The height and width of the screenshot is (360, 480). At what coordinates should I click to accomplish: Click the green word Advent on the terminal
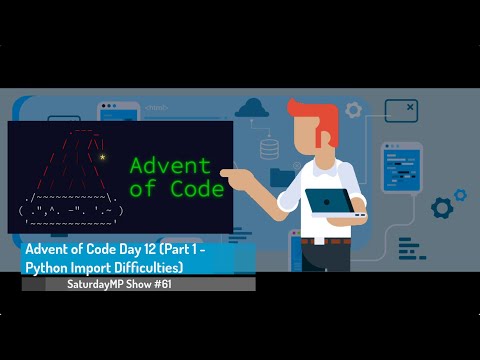[x=170, y=164]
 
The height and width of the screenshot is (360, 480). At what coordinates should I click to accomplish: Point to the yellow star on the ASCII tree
[x=102, y=157]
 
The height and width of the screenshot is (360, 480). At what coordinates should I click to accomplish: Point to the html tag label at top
[x=157, y=107]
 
